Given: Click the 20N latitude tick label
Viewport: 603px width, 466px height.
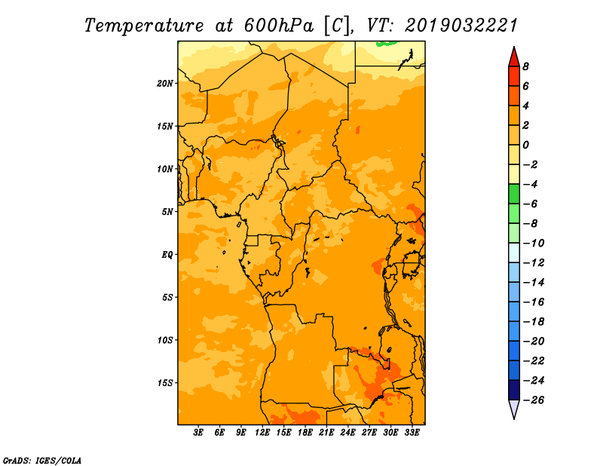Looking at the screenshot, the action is click(x=165, y=84).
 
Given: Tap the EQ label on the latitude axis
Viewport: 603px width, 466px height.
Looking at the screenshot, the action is click(x=167, y=255).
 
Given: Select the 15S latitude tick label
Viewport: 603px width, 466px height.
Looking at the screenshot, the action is click(x=165, y=383).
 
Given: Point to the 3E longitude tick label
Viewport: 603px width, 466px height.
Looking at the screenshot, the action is click(x=198, y=432).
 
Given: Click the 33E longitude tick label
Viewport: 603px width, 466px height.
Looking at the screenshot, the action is click(x=412, y=432).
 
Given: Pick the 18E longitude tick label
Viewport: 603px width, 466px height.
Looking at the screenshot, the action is click(x=305, y=432).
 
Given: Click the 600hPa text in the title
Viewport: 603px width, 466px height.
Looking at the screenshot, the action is click(x=278, y=26).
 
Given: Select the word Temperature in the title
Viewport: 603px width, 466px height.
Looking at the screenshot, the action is click(x=144, y=26).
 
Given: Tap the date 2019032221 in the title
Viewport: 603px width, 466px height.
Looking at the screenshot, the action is click(x=461, y=26).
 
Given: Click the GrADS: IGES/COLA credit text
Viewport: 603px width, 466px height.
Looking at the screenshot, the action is click(x=42, y=461).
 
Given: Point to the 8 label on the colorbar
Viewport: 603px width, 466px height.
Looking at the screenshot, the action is click(x=525, y=66).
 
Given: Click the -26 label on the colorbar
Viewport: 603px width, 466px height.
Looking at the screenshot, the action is click(x=534, y=400).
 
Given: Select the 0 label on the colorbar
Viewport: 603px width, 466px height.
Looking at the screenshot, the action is click(x=525, y=145).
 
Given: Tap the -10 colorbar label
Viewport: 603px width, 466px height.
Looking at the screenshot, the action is click(x=534, y=244).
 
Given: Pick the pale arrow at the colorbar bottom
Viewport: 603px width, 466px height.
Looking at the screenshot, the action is click(x=514, y=408).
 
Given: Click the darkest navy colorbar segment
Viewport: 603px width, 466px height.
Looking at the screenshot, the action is click(x=514, y=390).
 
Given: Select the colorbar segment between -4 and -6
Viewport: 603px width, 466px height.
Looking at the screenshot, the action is click(x=514, y=194).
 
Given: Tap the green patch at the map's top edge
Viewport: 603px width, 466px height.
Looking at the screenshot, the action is click(x=387, y=44).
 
